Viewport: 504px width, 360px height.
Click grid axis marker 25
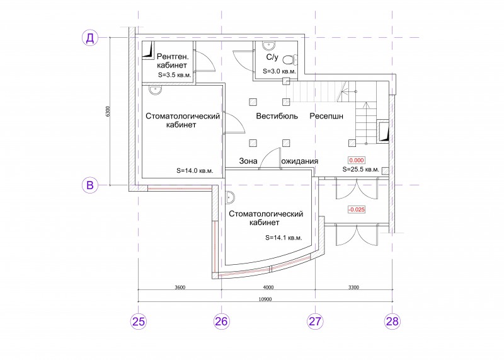coord(139,321)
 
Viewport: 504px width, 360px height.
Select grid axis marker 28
coord(392,321)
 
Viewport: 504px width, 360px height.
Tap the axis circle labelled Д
coord(90,38)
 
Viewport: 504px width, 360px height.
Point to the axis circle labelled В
coord(90,185)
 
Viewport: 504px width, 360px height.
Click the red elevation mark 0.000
coord(357,160)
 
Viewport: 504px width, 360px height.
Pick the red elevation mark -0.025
coord(357,209)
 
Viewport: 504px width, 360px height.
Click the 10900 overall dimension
coord(265,299)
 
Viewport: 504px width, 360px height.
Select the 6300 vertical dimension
coord(108,112)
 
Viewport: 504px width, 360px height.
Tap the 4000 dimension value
coord(268,287)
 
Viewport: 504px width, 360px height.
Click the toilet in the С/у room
coord(291,59)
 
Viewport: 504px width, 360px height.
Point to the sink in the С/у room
coord(269,46)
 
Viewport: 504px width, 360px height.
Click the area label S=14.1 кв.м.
coord(283,238)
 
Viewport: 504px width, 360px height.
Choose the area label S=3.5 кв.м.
coord(175,75)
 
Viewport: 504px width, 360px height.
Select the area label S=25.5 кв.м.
coord(360,169)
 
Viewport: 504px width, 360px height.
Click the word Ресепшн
coord(326,116)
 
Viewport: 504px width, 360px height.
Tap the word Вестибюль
coord(277,116)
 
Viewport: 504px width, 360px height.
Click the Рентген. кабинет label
coord(173,61)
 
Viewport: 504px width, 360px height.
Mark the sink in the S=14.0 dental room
coord(156,90)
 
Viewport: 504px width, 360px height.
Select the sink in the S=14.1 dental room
coord(230,197)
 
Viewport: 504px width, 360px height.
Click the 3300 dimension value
coord(353,287)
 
